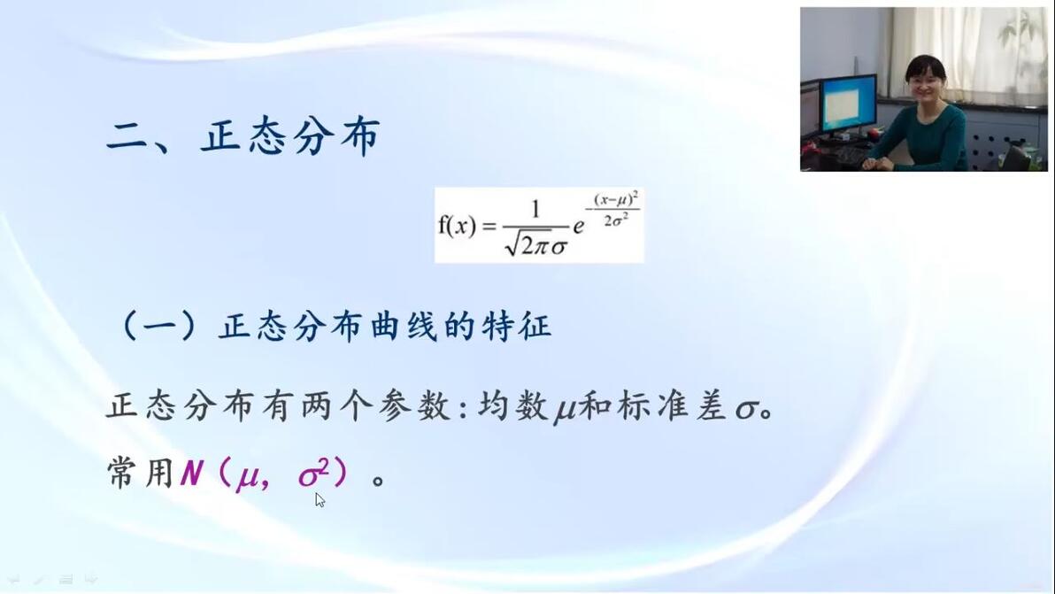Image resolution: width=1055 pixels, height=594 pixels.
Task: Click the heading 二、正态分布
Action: point(243,136)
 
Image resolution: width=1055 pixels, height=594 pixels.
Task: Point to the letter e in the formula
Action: point(578,227)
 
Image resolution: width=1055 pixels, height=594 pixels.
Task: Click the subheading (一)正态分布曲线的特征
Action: point(335,327)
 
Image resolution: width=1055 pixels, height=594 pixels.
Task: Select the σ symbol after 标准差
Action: point(746,409)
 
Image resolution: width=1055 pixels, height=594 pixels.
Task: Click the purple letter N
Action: point(192,473)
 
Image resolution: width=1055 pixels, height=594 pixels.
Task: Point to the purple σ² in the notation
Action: point(313,472)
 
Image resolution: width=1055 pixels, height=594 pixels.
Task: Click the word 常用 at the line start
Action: point(141,472)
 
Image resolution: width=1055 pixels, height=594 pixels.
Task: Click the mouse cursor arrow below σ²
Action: point(320,499)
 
